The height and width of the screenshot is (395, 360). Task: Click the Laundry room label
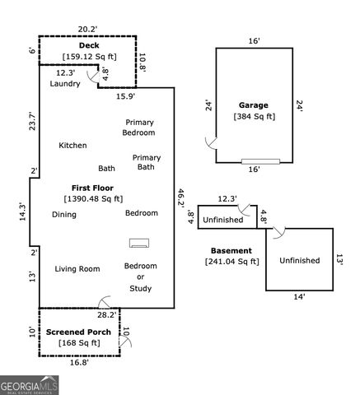[x=65, y=84]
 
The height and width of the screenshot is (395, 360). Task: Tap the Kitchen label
[x=72, y=146]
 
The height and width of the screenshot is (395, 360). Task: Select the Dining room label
[x=64, y=215]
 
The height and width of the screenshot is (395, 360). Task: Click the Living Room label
[x=77, y=269]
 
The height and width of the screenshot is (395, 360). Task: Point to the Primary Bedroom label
[x=139, y=127]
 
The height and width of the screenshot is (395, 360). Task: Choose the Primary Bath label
[x=146, y=162]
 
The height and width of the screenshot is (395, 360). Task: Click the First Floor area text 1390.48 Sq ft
[x=93, y=198]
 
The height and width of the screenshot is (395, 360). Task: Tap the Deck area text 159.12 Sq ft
[x=89, y=57]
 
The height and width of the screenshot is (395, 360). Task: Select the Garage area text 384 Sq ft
[x=255, y=117]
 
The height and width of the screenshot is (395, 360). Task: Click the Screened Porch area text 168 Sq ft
[x=79, y=343]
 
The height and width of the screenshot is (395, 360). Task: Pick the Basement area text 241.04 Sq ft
[x=231, y=262]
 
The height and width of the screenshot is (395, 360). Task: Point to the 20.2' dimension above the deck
[x=87, y=30]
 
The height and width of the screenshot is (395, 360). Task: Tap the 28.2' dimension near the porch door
[x=107, y=314]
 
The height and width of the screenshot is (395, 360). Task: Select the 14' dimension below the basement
[x=299, y=296]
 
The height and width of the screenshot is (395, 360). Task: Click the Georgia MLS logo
[x=29, y=385]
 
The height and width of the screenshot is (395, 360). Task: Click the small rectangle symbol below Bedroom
[x=140, y=243]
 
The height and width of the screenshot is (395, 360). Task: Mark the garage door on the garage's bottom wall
[x=260, y=161]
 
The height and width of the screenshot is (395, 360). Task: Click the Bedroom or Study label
[x=140, y=277]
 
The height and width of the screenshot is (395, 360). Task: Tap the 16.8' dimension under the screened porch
[x=79, y=362]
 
